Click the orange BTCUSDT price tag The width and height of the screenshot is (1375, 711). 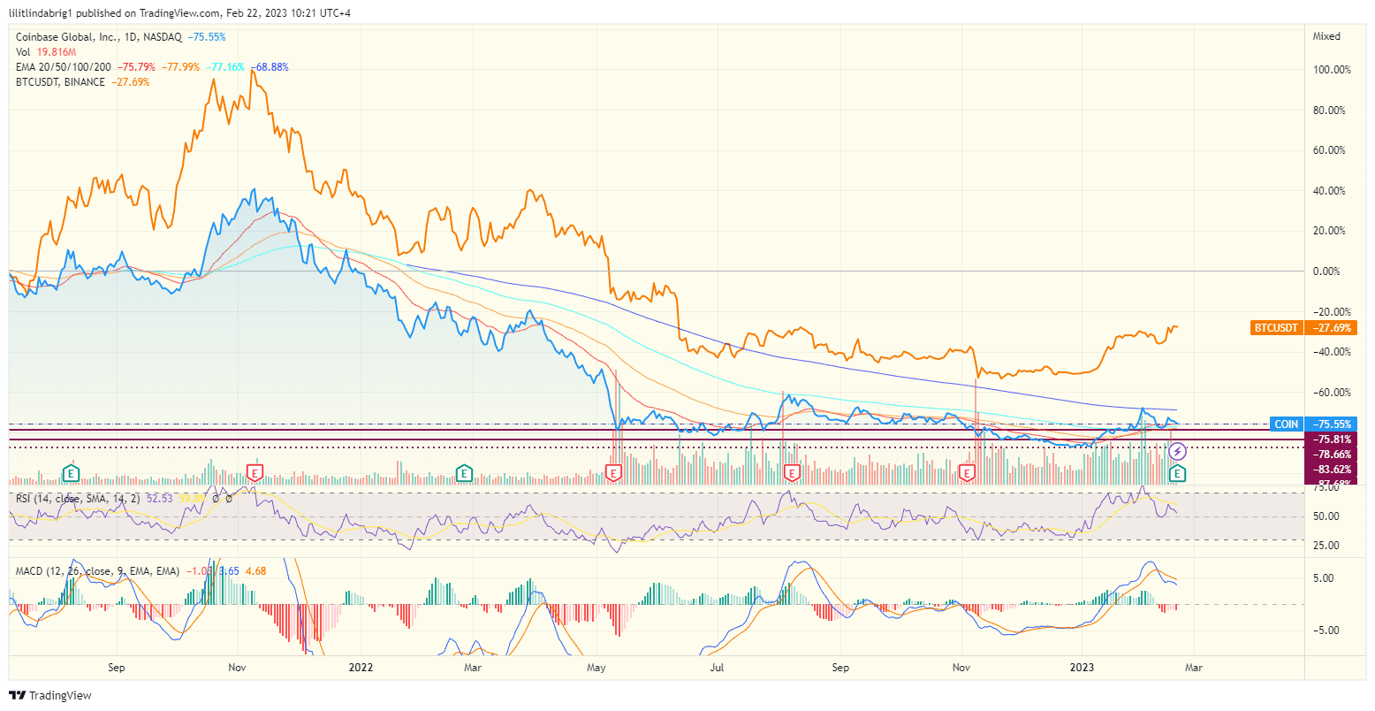(1275, 328)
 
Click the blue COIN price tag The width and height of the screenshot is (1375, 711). (1286, 424)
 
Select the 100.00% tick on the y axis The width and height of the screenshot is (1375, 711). (1332, 70)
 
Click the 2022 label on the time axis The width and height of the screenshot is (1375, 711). (361, 667)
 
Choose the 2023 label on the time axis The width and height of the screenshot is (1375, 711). (1082, 667)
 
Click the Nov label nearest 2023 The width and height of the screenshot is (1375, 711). (960, 667)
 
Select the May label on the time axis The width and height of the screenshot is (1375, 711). (596, 667)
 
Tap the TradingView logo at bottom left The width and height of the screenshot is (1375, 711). (50, 695)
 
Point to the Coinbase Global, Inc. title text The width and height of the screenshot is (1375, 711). (65, 37)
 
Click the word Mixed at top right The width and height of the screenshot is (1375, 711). (1326, 36)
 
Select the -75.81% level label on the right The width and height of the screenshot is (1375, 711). (1332, 440)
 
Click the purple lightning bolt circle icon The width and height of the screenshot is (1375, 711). (1177, 452)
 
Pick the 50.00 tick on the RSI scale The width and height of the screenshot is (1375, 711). (1326, 516)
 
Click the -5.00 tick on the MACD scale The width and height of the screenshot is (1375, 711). (1327, 631)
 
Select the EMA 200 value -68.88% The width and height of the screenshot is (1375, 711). (270, 67)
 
